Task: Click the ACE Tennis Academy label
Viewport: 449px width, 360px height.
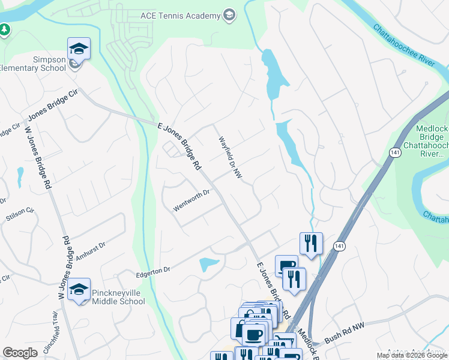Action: [x=180, y=15]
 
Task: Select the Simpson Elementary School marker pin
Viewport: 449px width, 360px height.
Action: [x=79, y=49]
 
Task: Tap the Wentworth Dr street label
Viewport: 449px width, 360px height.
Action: [x=191, y=200]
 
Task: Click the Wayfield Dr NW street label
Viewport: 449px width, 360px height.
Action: [x=229, y=157]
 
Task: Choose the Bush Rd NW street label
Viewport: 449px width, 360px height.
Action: [x=345, y=335]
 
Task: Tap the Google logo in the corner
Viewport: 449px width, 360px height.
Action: [x=20, y=353]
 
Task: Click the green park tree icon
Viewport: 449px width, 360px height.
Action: [x=4, y=29]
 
